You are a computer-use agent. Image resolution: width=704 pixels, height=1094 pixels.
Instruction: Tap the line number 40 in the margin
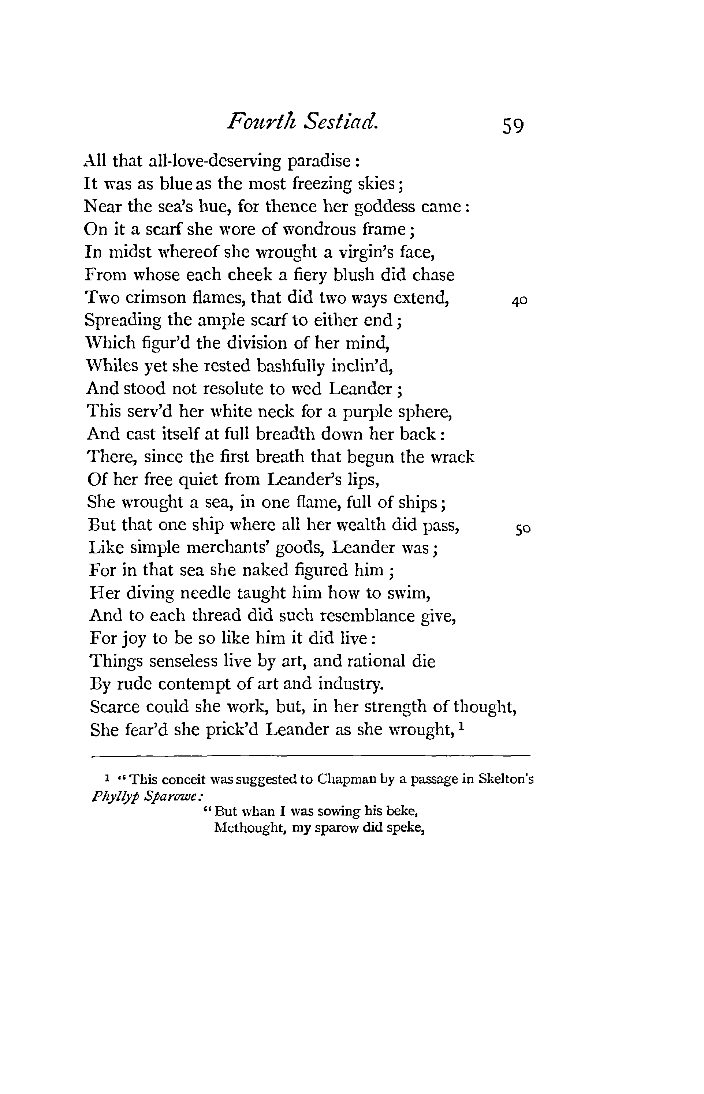click(x=520, y=301)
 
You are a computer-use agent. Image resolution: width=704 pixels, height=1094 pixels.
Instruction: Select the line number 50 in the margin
click(x=522, y=529)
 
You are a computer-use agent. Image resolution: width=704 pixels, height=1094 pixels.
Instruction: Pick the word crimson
click(x=151, y=298)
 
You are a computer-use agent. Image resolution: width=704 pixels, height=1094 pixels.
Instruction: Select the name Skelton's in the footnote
click(x=506, y=779)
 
